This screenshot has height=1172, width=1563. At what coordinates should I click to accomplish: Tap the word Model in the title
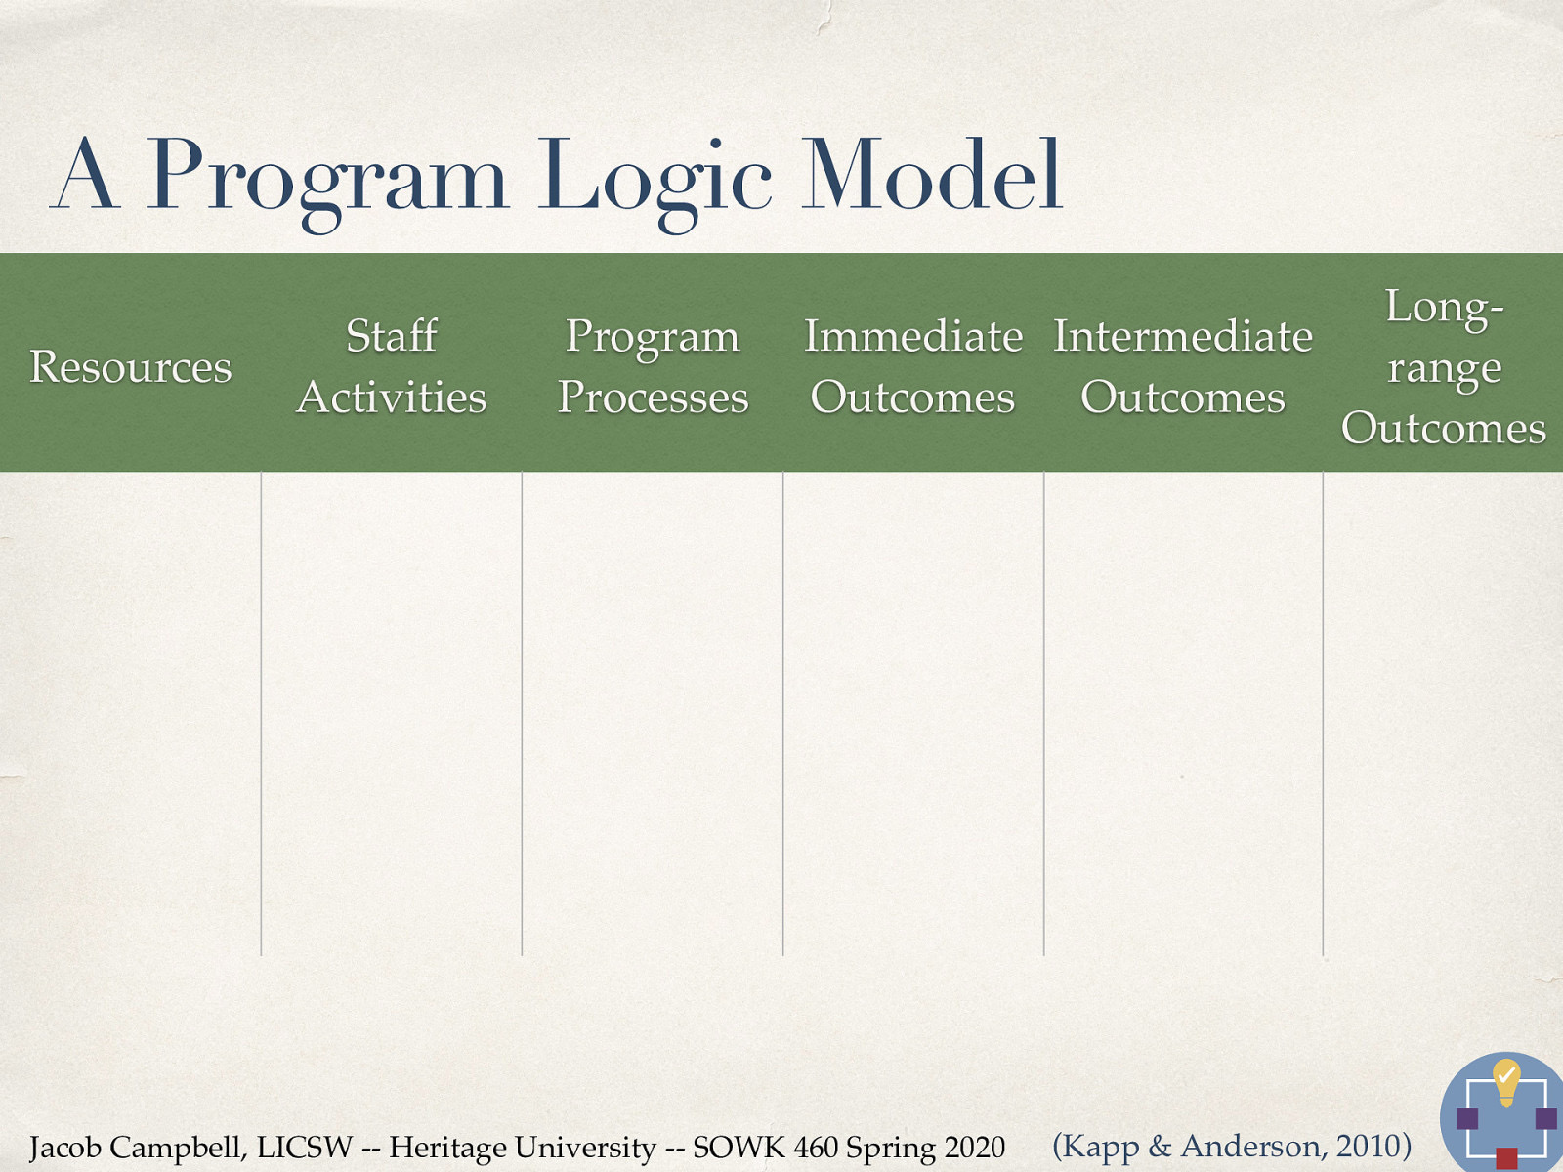[931, 176]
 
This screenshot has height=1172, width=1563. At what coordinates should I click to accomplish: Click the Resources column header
[131, 367]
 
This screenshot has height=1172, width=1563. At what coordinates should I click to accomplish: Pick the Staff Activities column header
[392, 366]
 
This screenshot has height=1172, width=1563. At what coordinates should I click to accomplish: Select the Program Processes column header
[653, 366]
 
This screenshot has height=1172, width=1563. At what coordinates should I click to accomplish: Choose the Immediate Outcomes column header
[913, 366]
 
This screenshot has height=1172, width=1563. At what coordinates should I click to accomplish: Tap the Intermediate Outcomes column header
[1183, 366]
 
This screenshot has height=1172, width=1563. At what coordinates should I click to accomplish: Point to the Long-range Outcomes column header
[1444, 367]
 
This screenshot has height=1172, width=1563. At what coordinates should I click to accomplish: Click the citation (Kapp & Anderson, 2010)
[1232, 1145]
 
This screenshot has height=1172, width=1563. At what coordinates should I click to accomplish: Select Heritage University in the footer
[523, 1147]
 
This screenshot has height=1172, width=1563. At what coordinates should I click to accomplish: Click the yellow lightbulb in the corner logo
[1506, 1080]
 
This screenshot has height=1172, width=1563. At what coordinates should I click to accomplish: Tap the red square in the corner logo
[1506, 1158]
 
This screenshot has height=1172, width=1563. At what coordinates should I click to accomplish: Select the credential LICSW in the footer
[304, 1147]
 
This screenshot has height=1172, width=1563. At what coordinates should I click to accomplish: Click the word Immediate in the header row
[913, 337]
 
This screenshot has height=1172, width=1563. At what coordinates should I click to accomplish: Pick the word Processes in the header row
[653, 398]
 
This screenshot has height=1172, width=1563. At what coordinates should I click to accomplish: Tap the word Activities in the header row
[392, 398]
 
